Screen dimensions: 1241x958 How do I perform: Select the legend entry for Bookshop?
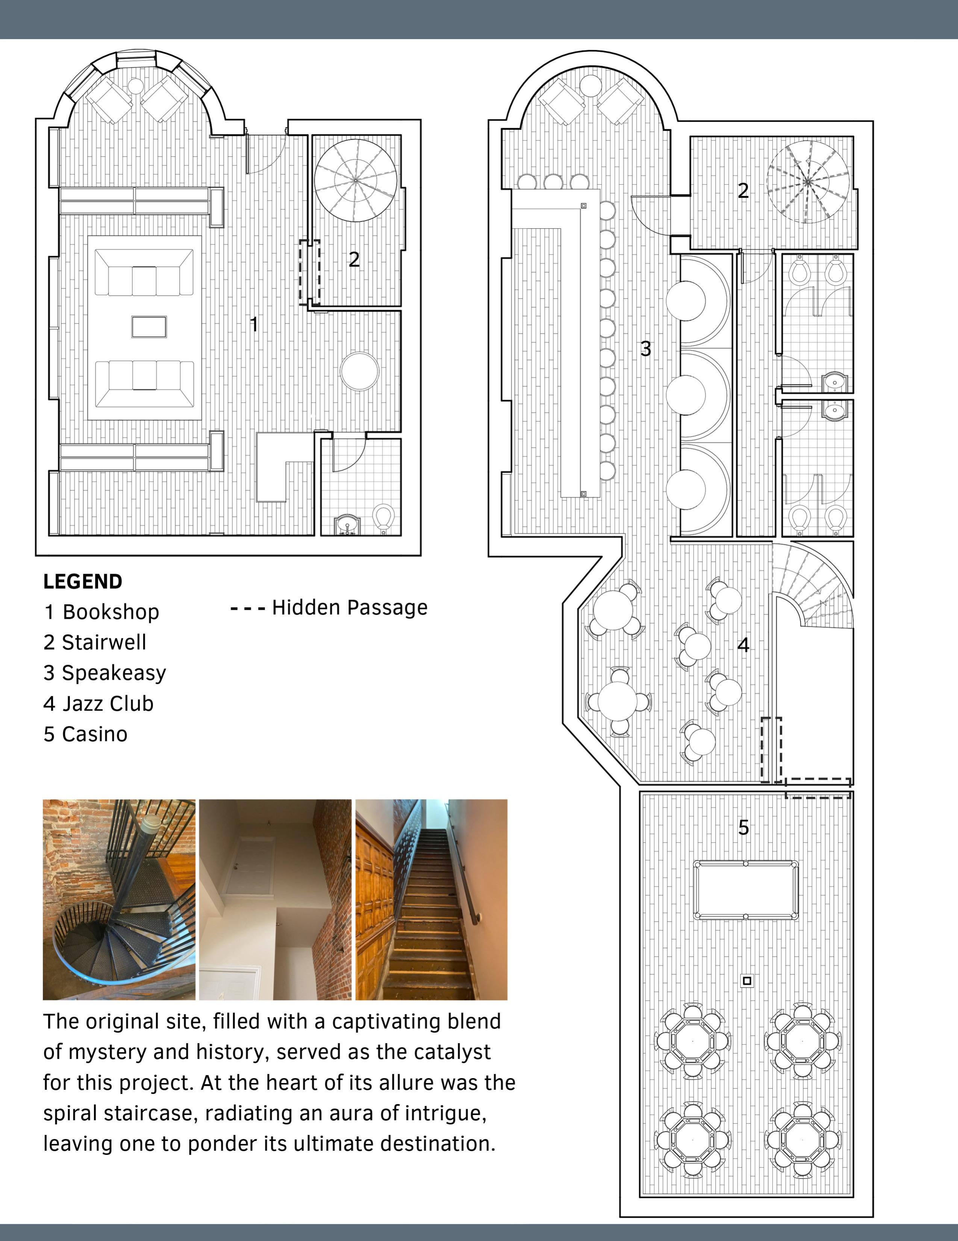click(101, 612)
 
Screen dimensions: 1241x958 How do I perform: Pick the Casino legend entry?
click(85, 734)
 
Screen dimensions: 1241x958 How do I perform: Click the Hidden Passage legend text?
click(349, 608)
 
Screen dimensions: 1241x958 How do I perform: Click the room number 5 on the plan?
click(743, 827)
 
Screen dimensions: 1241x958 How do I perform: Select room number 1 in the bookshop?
click(254, 325)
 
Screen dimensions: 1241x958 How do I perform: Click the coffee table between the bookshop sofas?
click(149, 327)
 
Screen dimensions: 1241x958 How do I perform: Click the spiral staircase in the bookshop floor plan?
click(356, 181)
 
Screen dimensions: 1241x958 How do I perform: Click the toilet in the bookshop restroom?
click(384, 517)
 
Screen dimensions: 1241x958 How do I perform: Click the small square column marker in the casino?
click(747, 981)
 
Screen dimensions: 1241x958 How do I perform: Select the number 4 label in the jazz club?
click(743, 645)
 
